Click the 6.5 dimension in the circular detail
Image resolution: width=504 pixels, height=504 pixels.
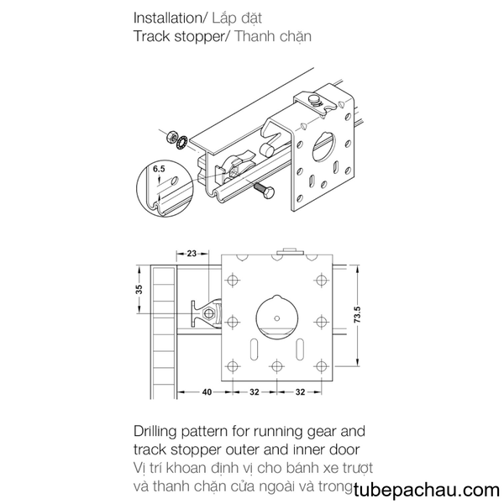tap(159, 169)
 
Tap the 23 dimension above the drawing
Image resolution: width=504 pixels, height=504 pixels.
tap(192, 254)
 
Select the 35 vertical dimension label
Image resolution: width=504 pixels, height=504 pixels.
tap(139, 289)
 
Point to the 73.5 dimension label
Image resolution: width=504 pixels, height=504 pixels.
tap(358, 315)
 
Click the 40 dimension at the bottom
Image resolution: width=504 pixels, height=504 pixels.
tap(207, 392)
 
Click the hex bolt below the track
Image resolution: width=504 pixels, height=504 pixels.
tap(265, 191)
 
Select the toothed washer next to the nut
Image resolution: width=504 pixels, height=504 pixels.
tap(182, 143)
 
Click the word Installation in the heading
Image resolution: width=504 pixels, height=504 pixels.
tap(167, 18)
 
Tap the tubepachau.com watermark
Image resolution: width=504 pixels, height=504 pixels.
tap(427, 491)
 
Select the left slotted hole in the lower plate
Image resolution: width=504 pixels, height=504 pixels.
tap(254, 349)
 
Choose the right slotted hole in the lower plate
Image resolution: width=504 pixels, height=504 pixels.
tap(300, 349)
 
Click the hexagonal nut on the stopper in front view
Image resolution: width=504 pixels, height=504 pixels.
tap(209, 312)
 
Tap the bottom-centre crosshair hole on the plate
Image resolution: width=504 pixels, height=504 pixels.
tap(276, 366)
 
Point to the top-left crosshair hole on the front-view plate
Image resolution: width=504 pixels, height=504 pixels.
tap(233, 280)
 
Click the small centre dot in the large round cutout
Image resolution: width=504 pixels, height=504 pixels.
tap(277, 318)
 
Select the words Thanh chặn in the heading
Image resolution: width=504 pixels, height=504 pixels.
tap(273, 37)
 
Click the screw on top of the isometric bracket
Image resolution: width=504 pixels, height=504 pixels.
tap(315, 100)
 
